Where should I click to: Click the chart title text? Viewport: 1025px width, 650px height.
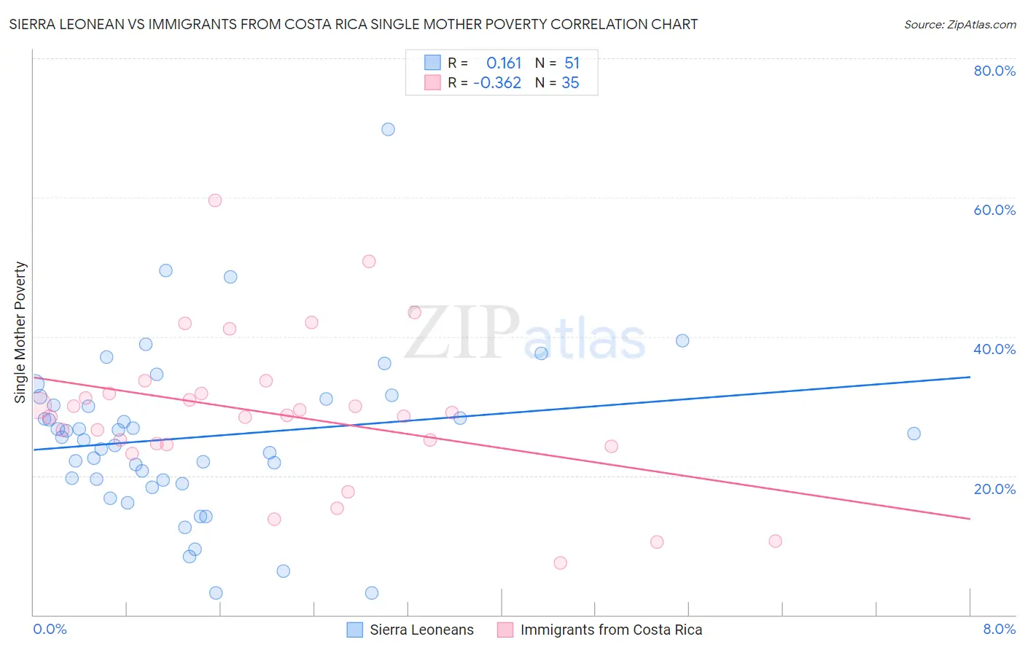353,25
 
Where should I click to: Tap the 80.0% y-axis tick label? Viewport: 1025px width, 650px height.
994,71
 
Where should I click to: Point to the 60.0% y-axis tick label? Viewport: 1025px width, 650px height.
994,210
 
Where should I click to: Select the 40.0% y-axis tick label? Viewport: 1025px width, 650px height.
994,349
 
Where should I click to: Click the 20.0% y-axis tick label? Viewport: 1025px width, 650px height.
994,489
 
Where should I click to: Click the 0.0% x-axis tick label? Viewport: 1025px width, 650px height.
50,630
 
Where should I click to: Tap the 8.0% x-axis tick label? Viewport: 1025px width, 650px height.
999,630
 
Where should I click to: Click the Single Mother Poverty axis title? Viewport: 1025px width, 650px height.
20,332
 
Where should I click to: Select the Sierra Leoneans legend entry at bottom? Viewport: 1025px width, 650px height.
421,630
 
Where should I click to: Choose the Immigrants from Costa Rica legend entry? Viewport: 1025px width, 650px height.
610,630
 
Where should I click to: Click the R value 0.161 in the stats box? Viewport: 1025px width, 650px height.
504,63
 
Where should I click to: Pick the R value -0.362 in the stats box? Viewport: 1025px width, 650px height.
497,83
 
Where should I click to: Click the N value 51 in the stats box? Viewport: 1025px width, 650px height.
572,63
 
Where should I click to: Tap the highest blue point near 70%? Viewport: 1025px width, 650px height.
388,130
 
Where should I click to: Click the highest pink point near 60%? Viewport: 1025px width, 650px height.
215,200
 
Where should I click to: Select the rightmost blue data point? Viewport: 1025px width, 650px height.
913,434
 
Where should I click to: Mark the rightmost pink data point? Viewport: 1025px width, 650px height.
775,541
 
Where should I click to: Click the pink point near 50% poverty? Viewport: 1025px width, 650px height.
369,262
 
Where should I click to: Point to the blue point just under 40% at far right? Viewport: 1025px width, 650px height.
682,340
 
